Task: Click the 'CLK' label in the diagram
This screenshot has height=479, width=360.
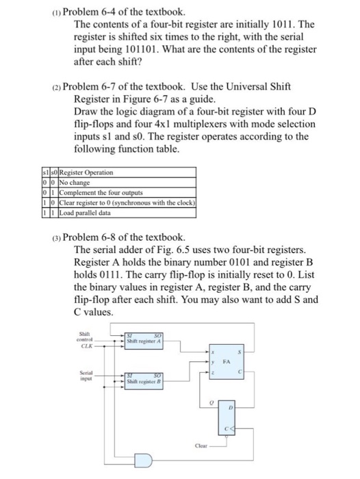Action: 86,347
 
